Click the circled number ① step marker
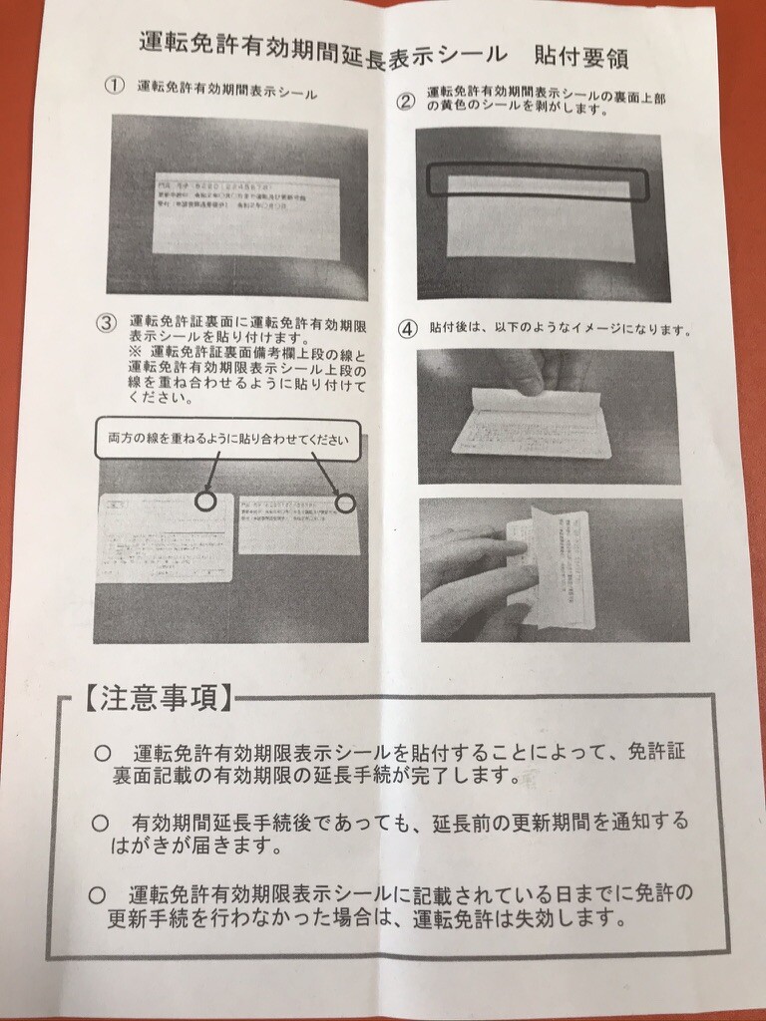click(x=115, y=86)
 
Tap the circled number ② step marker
click(x=406, y=101)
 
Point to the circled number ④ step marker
click(x=407, y=328)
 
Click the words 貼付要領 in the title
click(x=579, y=55)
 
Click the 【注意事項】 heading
click(x=157, y=697)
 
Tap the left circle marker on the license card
click(x=204, y=501)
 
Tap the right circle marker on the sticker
click(x=344, y=504)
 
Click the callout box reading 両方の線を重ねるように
click(x=227, y=439)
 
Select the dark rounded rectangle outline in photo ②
click(x=538, y=183)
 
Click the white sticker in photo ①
click(x=245, y=216)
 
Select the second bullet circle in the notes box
click(x=100, y=823)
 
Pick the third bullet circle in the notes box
click(x=97, y=895)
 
